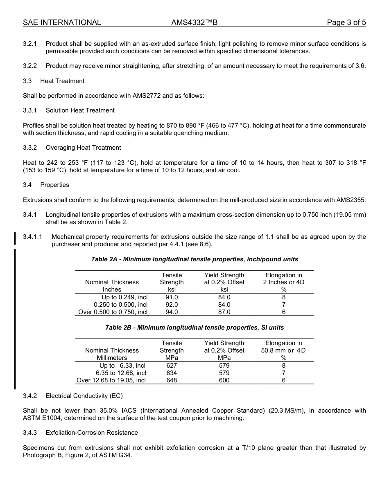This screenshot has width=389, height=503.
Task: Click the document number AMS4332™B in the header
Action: pos(194,23)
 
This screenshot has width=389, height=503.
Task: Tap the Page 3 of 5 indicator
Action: pos(346,23)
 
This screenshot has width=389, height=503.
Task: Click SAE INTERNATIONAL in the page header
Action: pos(62,23)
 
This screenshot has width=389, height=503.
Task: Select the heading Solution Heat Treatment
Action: pos(80,110)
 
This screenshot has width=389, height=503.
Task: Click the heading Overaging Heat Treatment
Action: pos(83,148)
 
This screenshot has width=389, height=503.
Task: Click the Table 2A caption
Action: pos(194,259)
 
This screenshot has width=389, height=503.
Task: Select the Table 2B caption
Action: pos(194,328)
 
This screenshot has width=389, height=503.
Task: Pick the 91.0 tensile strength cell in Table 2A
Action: pos(172,297)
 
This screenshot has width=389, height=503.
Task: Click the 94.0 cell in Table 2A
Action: pos(172,312)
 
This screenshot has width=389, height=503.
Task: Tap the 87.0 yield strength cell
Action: pos(224,312)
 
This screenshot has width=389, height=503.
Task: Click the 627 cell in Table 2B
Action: pos(172,366)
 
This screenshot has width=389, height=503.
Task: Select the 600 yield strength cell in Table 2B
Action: pos(224,380)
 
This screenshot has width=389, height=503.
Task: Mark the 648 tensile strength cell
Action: pos(172,380)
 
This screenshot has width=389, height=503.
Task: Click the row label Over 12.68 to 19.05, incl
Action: pos(111,380)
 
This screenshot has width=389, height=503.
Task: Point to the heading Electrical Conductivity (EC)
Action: pos(84,396)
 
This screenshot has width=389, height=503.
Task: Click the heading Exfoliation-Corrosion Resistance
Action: pos(92,433)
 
